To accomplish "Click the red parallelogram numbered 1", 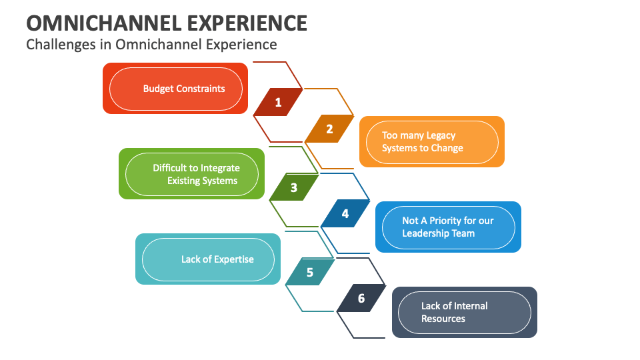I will tap(278, 103).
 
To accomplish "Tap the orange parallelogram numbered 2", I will tap(329, 129).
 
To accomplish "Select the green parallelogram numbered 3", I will tap(294, 187).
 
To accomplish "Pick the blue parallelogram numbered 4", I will tap(345, 214).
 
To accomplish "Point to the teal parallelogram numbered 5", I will tap(310, 272).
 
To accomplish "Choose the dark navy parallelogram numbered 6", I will tap(361, 299).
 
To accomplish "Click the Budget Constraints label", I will tap(184, 88).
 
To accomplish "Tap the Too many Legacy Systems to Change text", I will tap(422, 141).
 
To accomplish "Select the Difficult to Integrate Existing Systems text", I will tap(196, 174).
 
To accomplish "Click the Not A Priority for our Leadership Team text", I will tap(447, 227).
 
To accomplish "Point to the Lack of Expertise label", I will tap(217, 259).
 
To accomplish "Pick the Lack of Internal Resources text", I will tap(454, 312).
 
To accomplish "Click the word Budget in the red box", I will tap(158, 88).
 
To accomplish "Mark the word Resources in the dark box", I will tap(443, 319).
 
